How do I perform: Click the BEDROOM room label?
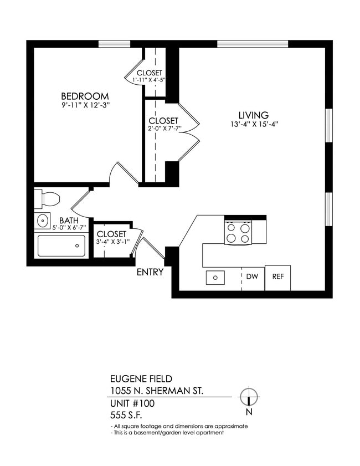[85, 96]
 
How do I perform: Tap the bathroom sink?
[43, 221]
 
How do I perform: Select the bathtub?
[61, 245]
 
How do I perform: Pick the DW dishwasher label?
[253, 276]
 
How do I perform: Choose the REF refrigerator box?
[277, 277]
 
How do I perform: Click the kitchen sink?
[215, 277]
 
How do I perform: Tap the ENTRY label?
[150, 272]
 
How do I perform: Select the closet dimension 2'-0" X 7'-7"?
[163, 129]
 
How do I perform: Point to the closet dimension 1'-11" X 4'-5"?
[149, 80]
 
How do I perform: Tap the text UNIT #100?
[133, 403]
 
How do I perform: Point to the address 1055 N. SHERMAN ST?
[157, 391]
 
